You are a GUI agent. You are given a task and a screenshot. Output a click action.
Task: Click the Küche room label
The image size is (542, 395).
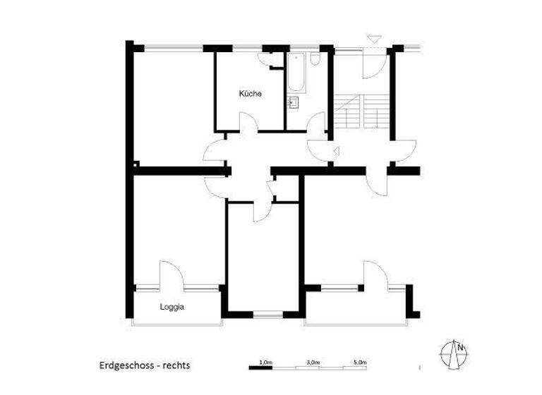click(x=251, y=94)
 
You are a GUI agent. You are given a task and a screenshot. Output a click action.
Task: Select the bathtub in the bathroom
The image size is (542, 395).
click(x=296, y=75)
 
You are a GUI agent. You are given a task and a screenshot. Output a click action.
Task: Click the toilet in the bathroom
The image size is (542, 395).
click(x=314, y=59)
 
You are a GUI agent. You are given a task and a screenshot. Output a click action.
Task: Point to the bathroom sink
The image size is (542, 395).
click(x=294, y=103)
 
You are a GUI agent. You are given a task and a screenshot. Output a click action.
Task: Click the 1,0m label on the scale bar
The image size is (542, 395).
click(x=265, y=362)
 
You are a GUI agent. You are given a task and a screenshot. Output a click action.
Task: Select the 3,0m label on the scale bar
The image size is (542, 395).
click(x=312, y=362)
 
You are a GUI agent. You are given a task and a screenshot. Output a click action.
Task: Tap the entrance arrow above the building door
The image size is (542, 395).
click(x=374, y=39)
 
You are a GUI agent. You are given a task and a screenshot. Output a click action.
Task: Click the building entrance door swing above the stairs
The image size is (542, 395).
click(x=372, y=65)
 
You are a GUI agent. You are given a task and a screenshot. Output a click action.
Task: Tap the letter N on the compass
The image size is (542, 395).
click(x=459, y=347)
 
